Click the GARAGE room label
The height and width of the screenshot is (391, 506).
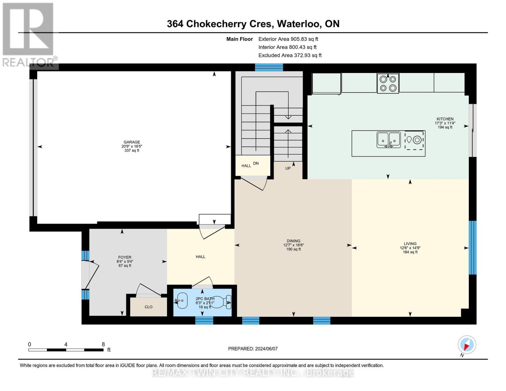click(x=132, y=142)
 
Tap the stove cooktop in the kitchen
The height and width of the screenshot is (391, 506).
click(x=388, y=83)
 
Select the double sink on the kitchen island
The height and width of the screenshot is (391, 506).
click(x=388, y=139)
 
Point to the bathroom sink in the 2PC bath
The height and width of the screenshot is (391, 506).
click(x=181, y=300)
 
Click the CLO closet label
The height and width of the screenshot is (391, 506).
click(x=149, y=307)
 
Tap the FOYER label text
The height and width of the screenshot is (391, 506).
click(x=125, y=257)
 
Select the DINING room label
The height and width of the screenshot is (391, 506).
click(x=294, y=241)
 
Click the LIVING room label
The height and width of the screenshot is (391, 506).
click(x=410, y=244)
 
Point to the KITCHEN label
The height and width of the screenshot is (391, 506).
click(x=445, y=119)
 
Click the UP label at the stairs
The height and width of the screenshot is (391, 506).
click(x=288, y=168)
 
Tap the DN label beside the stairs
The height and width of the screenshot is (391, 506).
click(x=256, y=163)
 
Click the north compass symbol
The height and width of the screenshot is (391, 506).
click(x=467, y=345)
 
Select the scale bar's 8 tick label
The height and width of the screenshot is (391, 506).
click(x=103, y=344)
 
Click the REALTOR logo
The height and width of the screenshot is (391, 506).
click(x=29, y=35)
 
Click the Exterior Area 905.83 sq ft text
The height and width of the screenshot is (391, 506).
click(x=288, y=39)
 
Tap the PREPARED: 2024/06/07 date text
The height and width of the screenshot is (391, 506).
click(x=253, y=349)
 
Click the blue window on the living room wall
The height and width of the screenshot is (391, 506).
click(x=472, y=248)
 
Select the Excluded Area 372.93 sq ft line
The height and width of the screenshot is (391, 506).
click(x=290, y=55)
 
